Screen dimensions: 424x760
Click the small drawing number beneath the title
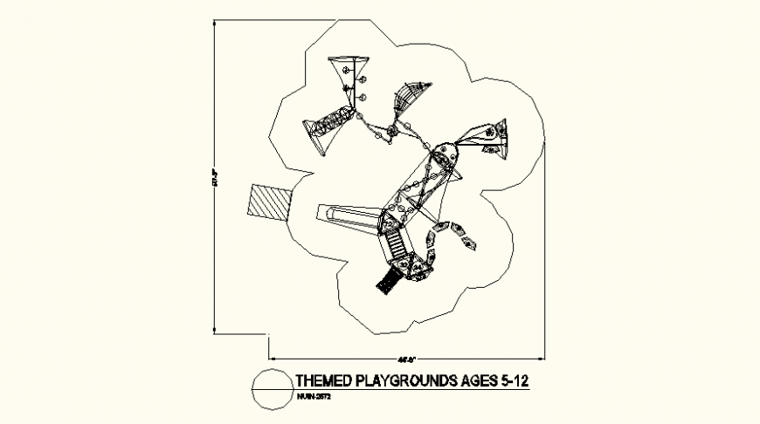(x=311, y=397)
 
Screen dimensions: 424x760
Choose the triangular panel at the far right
(x=494, y=134)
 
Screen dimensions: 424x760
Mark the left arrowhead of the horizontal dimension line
(x=272, y=358)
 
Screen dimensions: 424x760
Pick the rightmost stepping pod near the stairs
(x=470, y=242)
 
